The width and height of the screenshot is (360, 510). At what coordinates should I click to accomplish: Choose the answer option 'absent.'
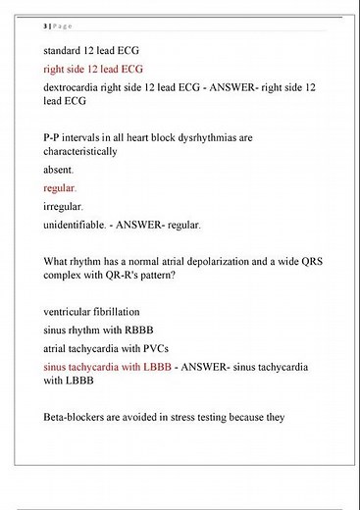point(59,171)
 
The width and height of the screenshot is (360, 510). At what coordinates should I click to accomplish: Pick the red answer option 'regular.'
point(60,188)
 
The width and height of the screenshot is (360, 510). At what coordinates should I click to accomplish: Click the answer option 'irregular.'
point(64,207)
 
